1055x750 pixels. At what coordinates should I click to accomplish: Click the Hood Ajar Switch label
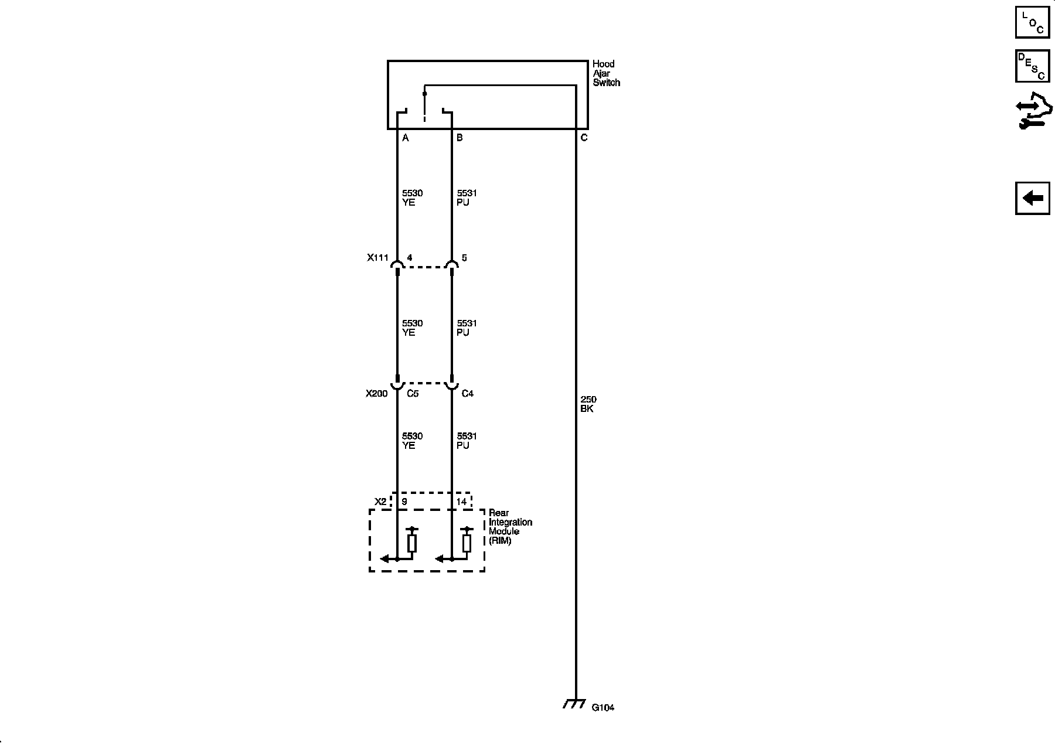[x=606, y=73]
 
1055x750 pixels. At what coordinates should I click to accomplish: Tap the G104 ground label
[x=603, y=707]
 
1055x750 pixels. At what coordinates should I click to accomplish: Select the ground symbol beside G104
[x=574, y=704]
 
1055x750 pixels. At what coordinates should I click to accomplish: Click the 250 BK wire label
[x=588, y=404]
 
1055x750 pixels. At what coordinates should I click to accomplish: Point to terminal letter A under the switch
[x=405, y=138]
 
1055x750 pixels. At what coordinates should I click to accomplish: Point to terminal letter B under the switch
[x=460, y=138]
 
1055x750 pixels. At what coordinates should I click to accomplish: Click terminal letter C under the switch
[x=584, y=138]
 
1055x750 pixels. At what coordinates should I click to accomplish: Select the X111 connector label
[x=378, y=258]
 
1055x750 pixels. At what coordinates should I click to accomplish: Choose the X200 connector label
[x=377, y=394]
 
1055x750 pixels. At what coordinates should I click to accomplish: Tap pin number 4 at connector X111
[x=409, y=258]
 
